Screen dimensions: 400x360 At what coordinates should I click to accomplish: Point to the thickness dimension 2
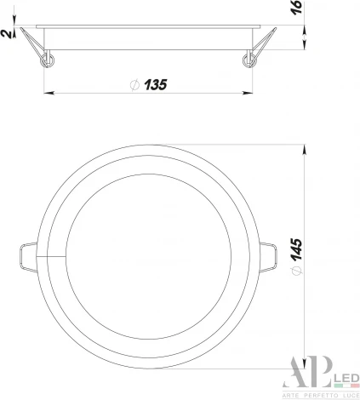pyautogui.click(x=7, y=33)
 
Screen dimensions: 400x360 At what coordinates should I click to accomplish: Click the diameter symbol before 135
pyautogui.click(x=134, y=84)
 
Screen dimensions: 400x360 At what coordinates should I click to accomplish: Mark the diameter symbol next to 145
pyautogui.click(x=295, y=271)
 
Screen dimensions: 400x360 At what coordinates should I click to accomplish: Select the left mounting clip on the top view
pyautogui.click(x=26, y=254)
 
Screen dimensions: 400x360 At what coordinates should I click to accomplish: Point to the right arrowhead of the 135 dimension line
pyautogui.click(x=254, y=93)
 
